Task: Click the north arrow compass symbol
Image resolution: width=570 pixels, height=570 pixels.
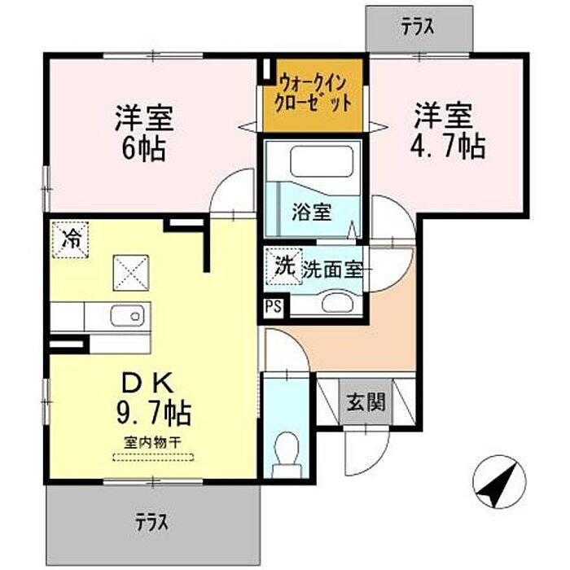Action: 499,483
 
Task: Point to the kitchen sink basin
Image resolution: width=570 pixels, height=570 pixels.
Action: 125,316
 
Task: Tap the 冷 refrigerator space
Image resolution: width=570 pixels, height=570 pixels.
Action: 71,239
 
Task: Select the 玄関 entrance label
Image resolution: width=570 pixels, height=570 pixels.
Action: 366,402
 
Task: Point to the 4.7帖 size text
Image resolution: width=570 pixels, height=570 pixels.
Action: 448,146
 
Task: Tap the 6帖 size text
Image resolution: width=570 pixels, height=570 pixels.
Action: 143,148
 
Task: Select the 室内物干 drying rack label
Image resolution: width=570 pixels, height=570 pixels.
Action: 153,442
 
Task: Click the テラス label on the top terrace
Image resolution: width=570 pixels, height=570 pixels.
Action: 418,28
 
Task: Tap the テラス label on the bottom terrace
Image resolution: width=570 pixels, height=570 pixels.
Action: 152,523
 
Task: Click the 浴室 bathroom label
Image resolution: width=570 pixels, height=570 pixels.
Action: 312,213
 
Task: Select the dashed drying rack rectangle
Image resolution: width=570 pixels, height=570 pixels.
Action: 153,458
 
